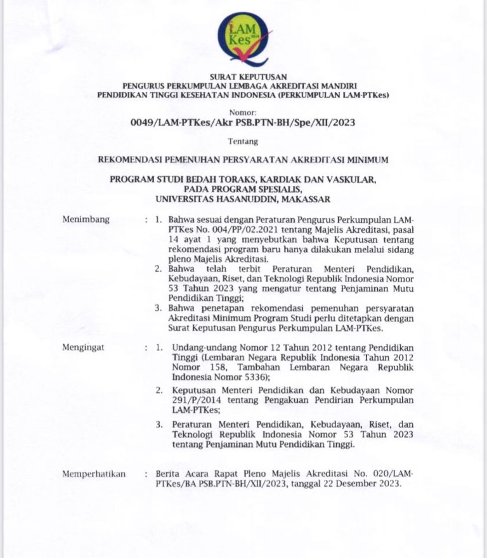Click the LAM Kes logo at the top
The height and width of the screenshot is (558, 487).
243,39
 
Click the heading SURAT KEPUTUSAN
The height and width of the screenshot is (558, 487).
243,77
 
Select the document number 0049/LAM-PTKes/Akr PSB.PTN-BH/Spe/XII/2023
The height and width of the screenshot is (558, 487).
243,122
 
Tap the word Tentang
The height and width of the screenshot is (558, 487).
243,141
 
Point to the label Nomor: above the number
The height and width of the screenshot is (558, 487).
243,110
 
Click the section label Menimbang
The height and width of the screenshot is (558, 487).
86,219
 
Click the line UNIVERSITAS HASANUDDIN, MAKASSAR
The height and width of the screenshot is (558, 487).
243,199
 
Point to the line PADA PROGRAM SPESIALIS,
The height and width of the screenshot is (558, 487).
243,189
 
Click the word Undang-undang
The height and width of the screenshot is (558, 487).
198,347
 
